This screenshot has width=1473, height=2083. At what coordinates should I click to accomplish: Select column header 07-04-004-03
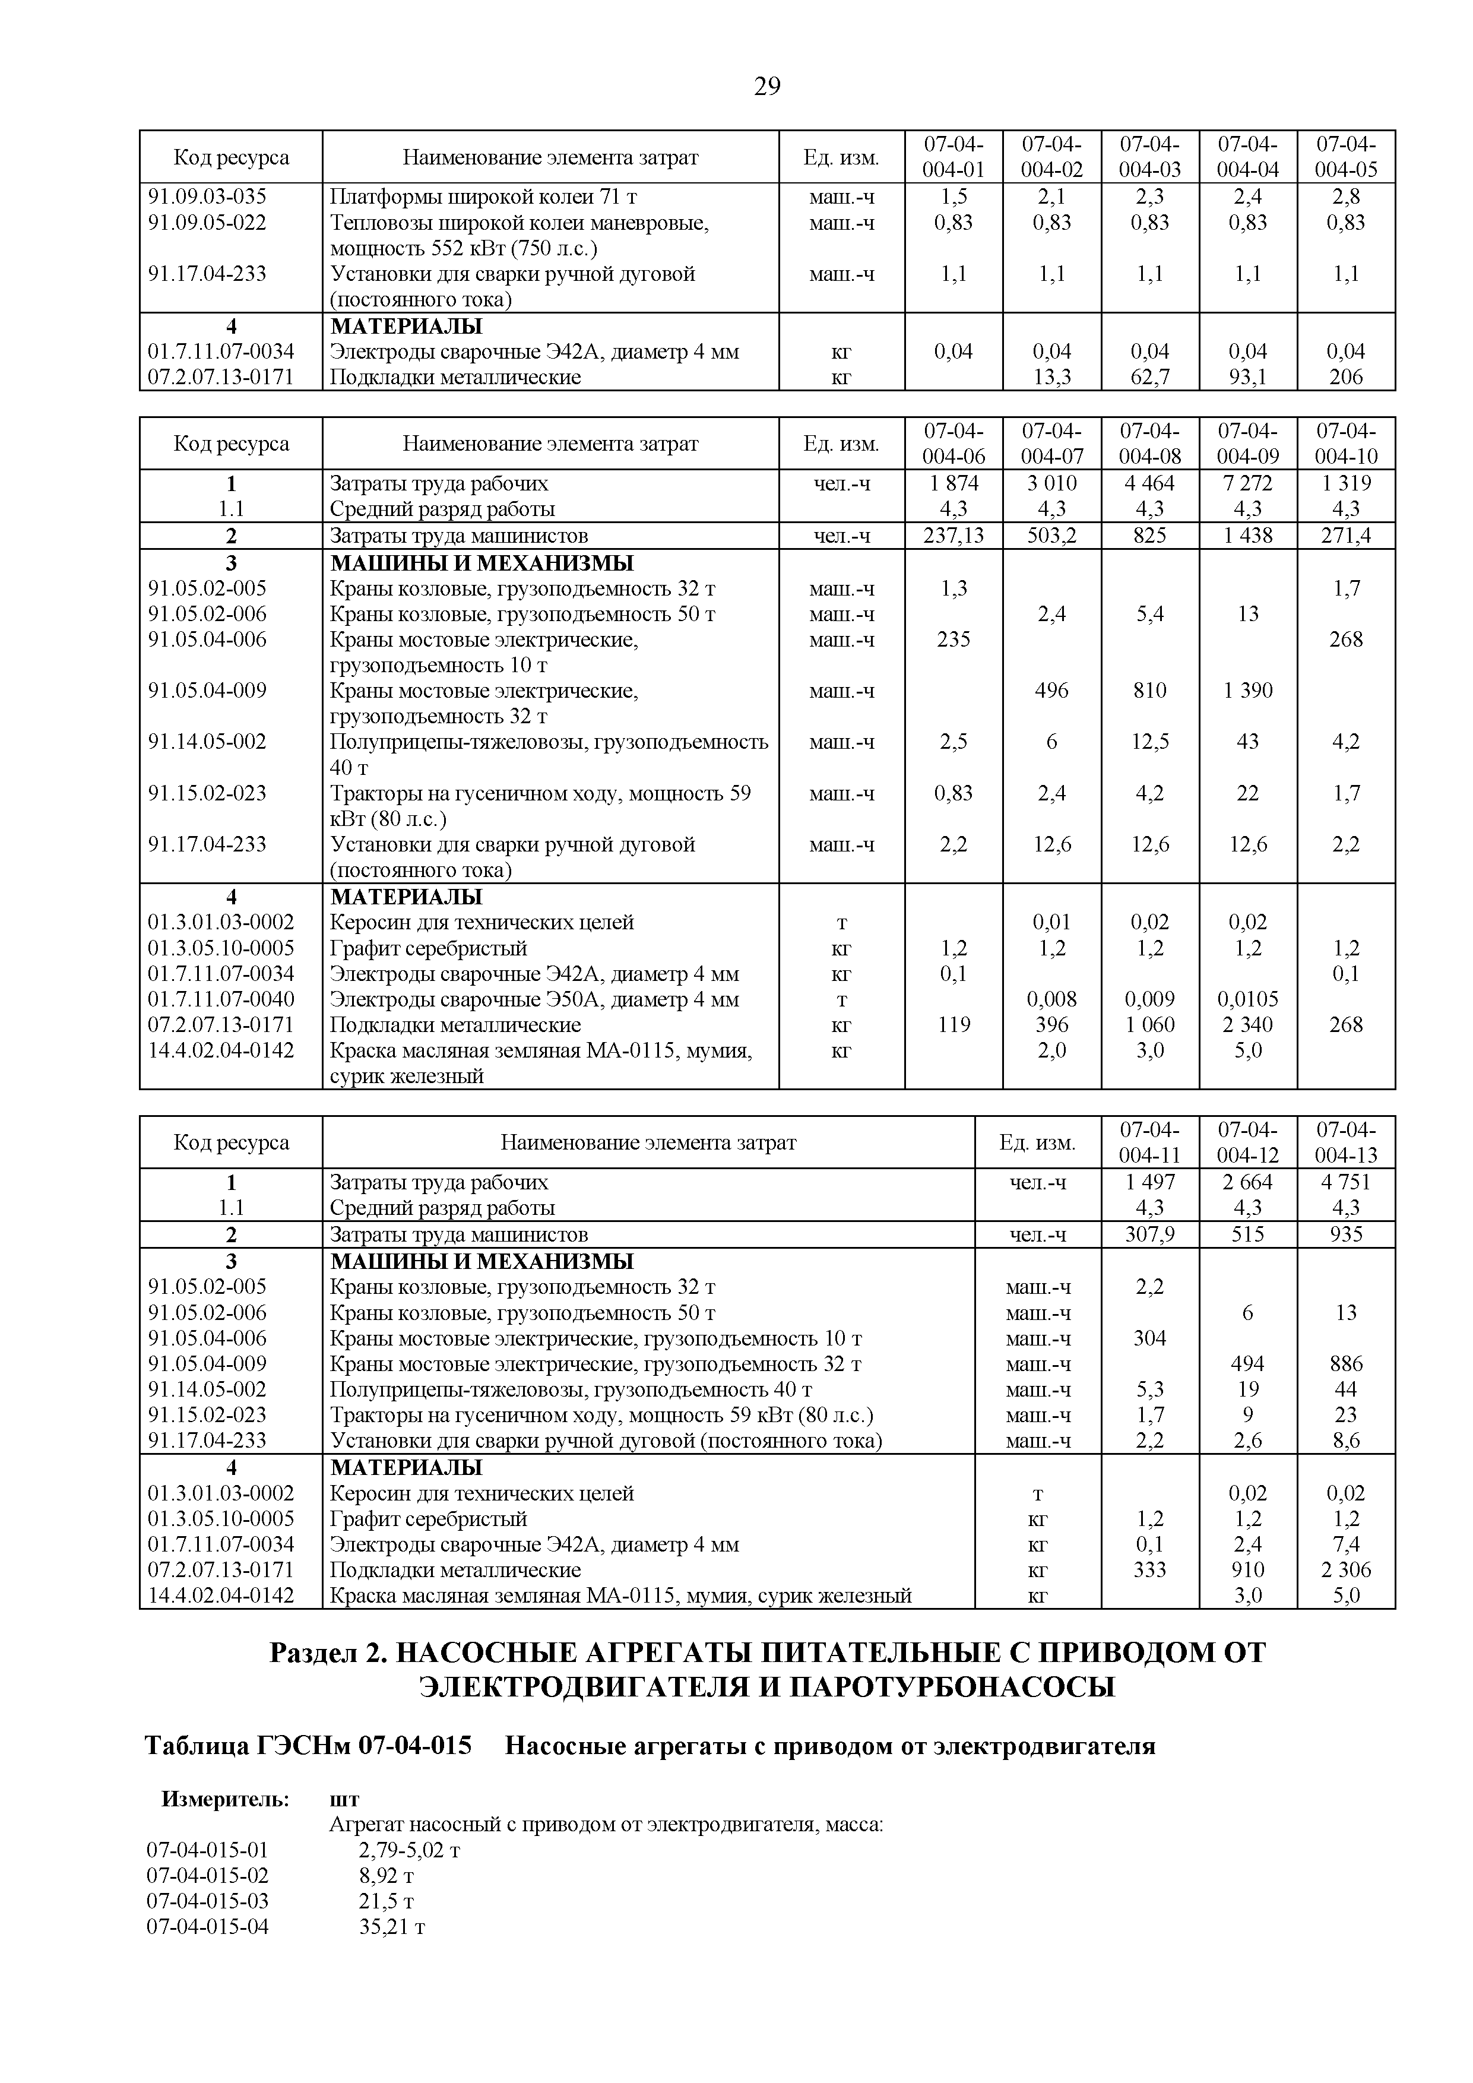tap(1149, 157)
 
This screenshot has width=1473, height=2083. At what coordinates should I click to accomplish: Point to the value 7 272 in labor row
tap(1247, 483)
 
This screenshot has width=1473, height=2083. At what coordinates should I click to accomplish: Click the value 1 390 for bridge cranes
tap(1247, 691)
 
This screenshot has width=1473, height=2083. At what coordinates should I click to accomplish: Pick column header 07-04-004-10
tap(1345, 443)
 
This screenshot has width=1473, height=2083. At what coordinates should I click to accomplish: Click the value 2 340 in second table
tap(1247, 1025)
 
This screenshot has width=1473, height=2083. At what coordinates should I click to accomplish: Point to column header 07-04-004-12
tap(1247, 1142)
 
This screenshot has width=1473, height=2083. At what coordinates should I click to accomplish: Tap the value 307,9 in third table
tap(1149, 1234)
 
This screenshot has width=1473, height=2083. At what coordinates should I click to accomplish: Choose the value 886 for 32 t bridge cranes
tap(1345, 1363)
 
